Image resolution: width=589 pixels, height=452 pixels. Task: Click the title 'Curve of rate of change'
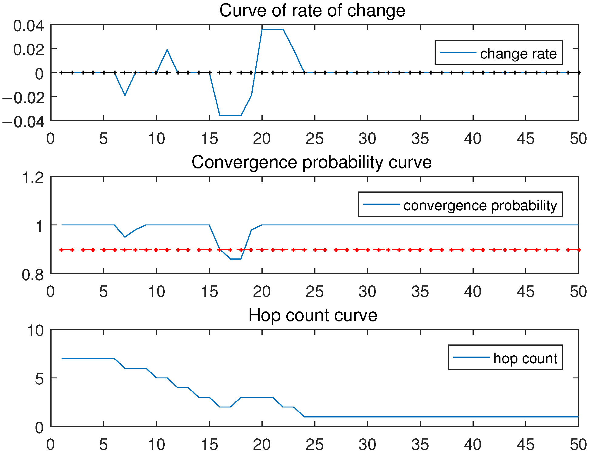[x=312, y=11]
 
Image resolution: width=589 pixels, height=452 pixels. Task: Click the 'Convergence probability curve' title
[x=311, y=162]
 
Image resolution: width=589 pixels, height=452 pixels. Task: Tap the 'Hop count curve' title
[x=313, y=315]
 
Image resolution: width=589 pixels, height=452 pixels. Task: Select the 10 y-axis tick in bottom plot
[x=35, y=331]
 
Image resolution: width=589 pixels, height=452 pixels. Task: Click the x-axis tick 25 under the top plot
[x=315, y=139]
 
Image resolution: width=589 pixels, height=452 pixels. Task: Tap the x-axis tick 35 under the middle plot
[x=420, y=292]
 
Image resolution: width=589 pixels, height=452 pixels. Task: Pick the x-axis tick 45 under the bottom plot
[x=526, y=445]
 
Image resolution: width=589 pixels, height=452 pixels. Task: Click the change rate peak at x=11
[x=167, y=50]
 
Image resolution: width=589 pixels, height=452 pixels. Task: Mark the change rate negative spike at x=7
[x=125, y=95]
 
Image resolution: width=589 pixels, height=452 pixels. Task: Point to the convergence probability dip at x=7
[x=125, y=237]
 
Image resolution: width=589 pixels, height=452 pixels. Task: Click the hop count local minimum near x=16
[x=225, y=407]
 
